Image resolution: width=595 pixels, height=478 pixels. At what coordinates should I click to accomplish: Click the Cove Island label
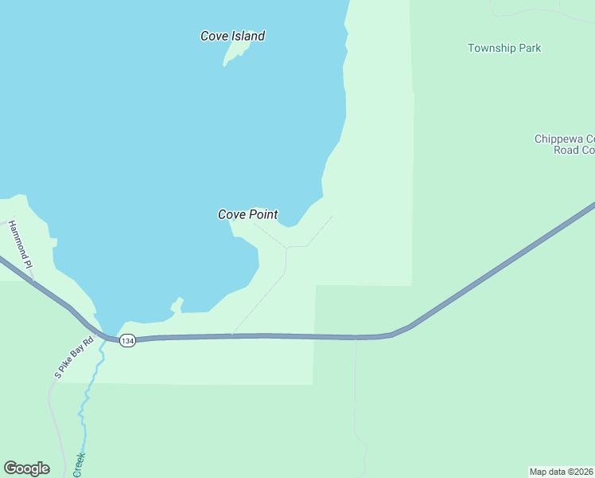point(232,36)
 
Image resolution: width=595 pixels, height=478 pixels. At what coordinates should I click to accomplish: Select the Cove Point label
point(248,214)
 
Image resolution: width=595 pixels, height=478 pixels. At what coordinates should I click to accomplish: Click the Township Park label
point(504,48)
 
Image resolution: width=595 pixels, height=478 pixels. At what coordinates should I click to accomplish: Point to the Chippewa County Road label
point(564,144)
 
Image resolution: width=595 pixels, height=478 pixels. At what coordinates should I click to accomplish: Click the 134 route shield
point(127,341)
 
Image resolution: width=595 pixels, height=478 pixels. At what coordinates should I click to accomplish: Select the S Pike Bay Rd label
point(73,356)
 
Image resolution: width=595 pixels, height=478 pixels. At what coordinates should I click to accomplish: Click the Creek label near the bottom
point(79,464)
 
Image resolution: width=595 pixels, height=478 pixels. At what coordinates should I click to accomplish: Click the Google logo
point(26,468)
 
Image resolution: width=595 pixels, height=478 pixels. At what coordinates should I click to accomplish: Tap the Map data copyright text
point(562,472)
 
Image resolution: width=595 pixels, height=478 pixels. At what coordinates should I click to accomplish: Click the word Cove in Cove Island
point(214,36)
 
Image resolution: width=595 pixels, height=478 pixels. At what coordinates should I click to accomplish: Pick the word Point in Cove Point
point(263,214)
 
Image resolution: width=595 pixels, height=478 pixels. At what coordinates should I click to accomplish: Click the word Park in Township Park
point(530,48)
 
